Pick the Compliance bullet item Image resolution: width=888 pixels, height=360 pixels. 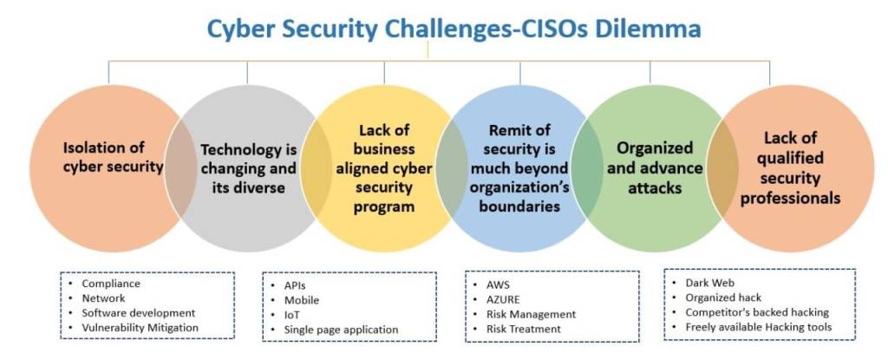click(111, 284)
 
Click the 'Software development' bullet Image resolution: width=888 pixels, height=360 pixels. click(139, 312)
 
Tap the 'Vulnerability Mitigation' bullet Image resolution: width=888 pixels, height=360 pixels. click(140, 327)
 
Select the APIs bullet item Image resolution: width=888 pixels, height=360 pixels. click(296, 285)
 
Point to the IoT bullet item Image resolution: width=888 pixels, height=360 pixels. click(292, 315)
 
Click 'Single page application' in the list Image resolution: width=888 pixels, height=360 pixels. click(341, 330)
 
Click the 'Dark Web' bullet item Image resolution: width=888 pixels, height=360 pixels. click(708, 283)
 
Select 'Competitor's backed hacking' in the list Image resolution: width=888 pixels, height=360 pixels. click(757, 312)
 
